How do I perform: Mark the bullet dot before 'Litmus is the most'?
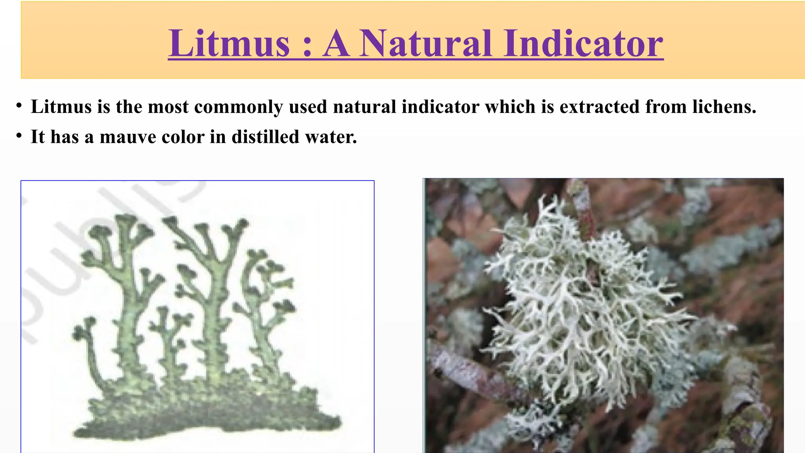(18, 106)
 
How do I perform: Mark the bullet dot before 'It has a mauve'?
(18, 136)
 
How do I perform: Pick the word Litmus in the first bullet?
(61, 107)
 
